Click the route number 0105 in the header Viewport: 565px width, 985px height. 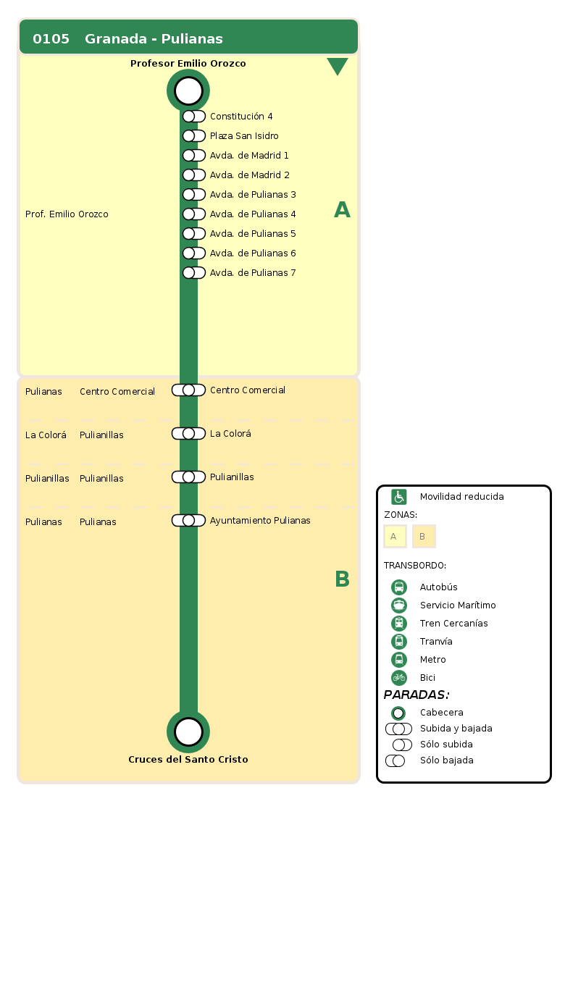coord(51,39)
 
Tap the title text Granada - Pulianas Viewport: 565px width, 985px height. coord(154,39)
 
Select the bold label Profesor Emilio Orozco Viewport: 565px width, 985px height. coord(188,64)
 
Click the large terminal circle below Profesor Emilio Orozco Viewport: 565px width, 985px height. coord(188,91)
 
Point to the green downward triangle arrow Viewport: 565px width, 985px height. coord(338,66)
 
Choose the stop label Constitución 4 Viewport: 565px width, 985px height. coord(241,117)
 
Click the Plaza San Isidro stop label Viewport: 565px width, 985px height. coord(244,136)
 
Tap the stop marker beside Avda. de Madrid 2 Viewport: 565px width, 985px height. coord(193,175)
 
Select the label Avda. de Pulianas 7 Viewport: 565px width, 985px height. coord(253,273)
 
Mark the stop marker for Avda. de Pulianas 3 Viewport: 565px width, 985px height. coord(193,195)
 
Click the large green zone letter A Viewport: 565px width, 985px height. coord(342,210)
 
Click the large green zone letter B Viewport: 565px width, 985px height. coord(342,579)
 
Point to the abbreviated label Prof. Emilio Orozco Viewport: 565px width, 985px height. coord(67,214)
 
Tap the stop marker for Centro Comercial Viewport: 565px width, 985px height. coord(188,390)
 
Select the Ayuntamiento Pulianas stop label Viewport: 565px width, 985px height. coord(260,521)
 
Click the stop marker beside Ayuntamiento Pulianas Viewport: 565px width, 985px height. coord(188,521)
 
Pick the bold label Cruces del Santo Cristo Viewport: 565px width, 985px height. coord(188,760)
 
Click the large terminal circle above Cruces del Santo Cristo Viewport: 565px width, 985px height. coord(188,732)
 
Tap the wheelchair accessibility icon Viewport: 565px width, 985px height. coord(399,497)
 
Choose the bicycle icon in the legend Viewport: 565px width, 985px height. coord(399,678)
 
